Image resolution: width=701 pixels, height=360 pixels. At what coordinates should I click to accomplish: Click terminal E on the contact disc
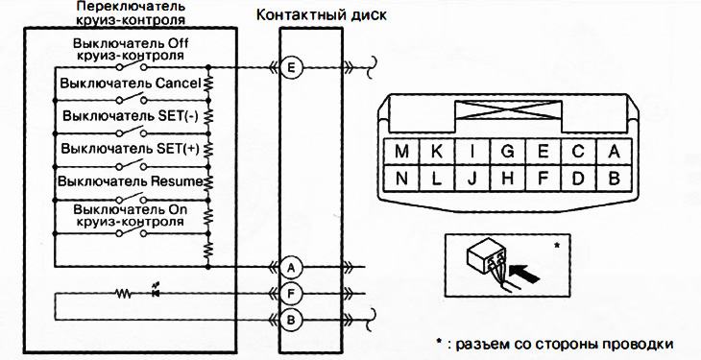293,67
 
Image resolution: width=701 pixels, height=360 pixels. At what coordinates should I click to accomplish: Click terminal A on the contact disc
293,267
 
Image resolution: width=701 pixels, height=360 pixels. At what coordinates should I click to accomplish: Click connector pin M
400,151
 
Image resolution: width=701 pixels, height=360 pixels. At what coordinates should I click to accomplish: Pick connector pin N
400,178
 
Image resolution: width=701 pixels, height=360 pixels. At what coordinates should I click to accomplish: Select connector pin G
508,151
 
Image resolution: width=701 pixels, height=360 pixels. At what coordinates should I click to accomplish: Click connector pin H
508,178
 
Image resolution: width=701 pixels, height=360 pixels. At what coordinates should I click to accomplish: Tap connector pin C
578,151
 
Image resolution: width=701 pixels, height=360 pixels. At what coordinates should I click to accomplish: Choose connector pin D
578,178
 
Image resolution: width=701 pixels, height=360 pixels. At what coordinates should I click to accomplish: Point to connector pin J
472,178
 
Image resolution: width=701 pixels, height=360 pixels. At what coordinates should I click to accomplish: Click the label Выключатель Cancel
129,84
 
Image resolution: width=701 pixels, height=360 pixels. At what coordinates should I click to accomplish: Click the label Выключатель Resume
129,180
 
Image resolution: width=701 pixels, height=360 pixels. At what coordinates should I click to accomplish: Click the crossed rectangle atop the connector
506,116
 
